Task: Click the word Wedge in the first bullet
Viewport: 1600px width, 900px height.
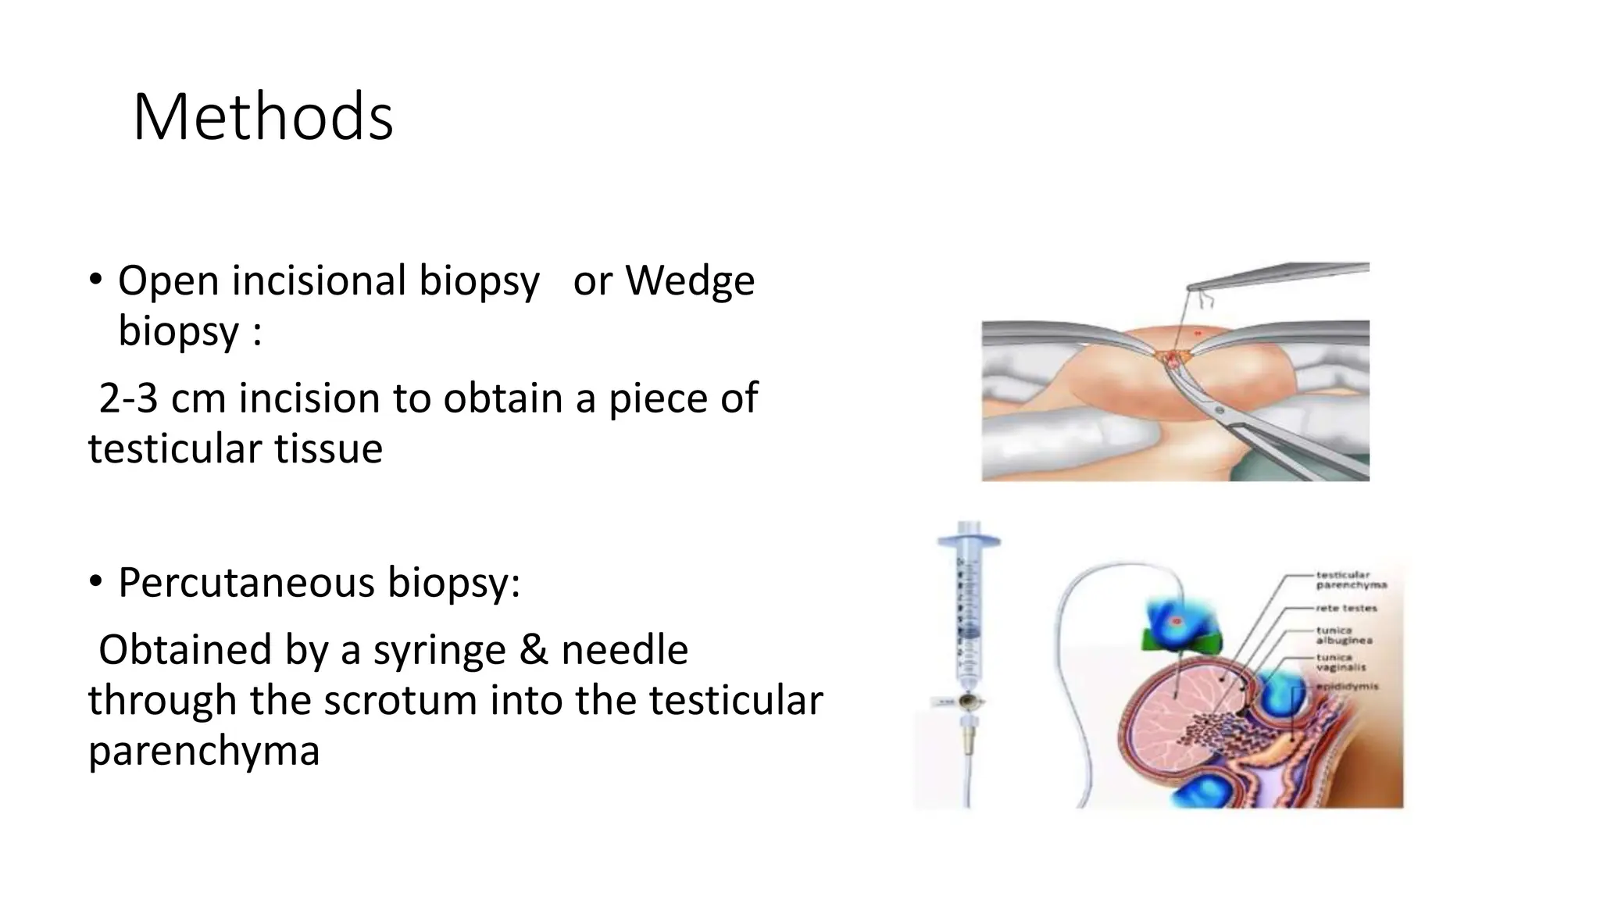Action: coord(690,280)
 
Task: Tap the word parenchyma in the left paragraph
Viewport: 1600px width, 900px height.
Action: coord(204,751)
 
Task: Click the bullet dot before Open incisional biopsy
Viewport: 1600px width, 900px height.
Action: coord(95,279)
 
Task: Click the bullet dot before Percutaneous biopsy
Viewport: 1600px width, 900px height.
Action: coord(95,581)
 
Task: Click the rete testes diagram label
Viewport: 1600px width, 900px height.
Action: coord(1346,608)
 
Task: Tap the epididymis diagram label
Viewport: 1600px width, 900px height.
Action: coord(1348,687)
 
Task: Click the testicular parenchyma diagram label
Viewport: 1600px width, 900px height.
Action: coord(1351,580)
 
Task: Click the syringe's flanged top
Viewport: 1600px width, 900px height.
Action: coord(969,539)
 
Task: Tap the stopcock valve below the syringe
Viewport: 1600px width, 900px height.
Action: coord(969,702)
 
